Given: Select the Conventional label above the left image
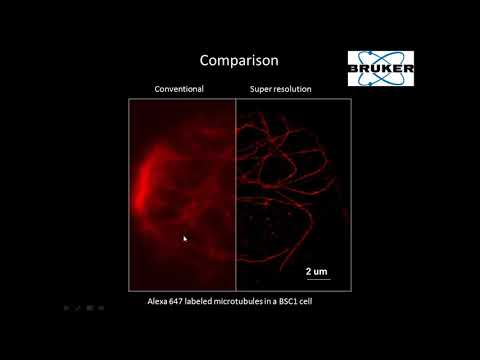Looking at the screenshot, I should tap(179, 89).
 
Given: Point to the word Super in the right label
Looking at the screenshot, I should tap(262, 89).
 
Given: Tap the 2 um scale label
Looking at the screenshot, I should tap(316, 271).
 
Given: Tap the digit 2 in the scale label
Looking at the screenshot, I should tap(308, 271).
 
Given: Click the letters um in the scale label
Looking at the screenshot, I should tap(320, 271).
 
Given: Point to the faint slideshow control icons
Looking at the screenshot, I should tap(85, 309).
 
